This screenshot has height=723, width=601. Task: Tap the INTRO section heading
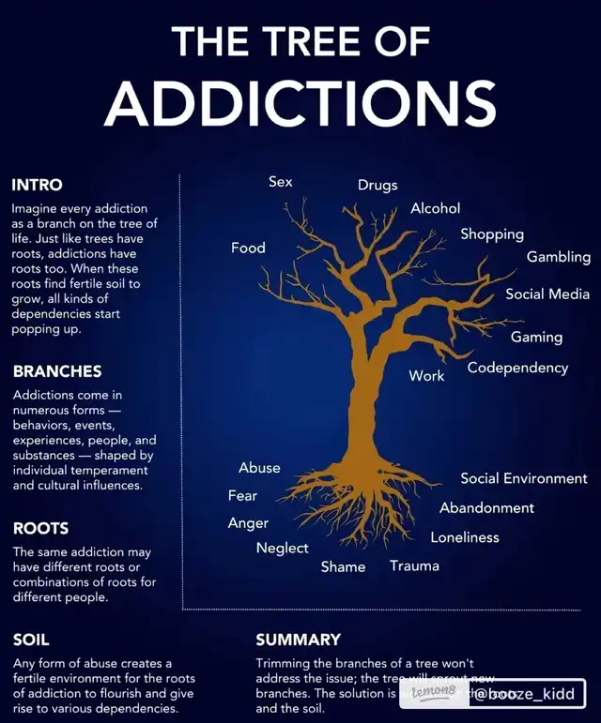pos(37,185)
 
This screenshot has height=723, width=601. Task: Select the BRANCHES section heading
pos(57,371)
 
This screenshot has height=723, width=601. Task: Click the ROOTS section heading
pos(40,528)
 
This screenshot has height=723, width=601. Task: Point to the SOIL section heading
pos(31,640)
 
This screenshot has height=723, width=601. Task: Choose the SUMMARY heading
pos(298,640)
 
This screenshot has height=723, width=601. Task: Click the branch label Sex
pos(280,182)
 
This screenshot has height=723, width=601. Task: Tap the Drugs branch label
pos(378,186)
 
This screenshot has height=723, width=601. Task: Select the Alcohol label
pos(435,208)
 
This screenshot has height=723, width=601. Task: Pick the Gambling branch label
pos(558,257)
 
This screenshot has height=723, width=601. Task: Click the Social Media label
pos(547,294)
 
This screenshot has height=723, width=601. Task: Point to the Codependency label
pos(517,368)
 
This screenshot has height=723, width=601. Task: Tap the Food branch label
pos(248,249)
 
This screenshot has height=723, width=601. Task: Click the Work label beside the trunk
pos(426,375)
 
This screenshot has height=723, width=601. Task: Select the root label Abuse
pos(259,468)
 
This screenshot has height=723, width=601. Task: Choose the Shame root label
pos(343,566)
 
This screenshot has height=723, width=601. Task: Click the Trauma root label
pos(414,565)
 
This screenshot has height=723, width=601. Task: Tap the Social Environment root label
pos(523,478)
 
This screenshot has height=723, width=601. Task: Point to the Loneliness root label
pos(464,537)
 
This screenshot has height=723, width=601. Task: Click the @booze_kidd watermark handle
pos(524,694)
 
